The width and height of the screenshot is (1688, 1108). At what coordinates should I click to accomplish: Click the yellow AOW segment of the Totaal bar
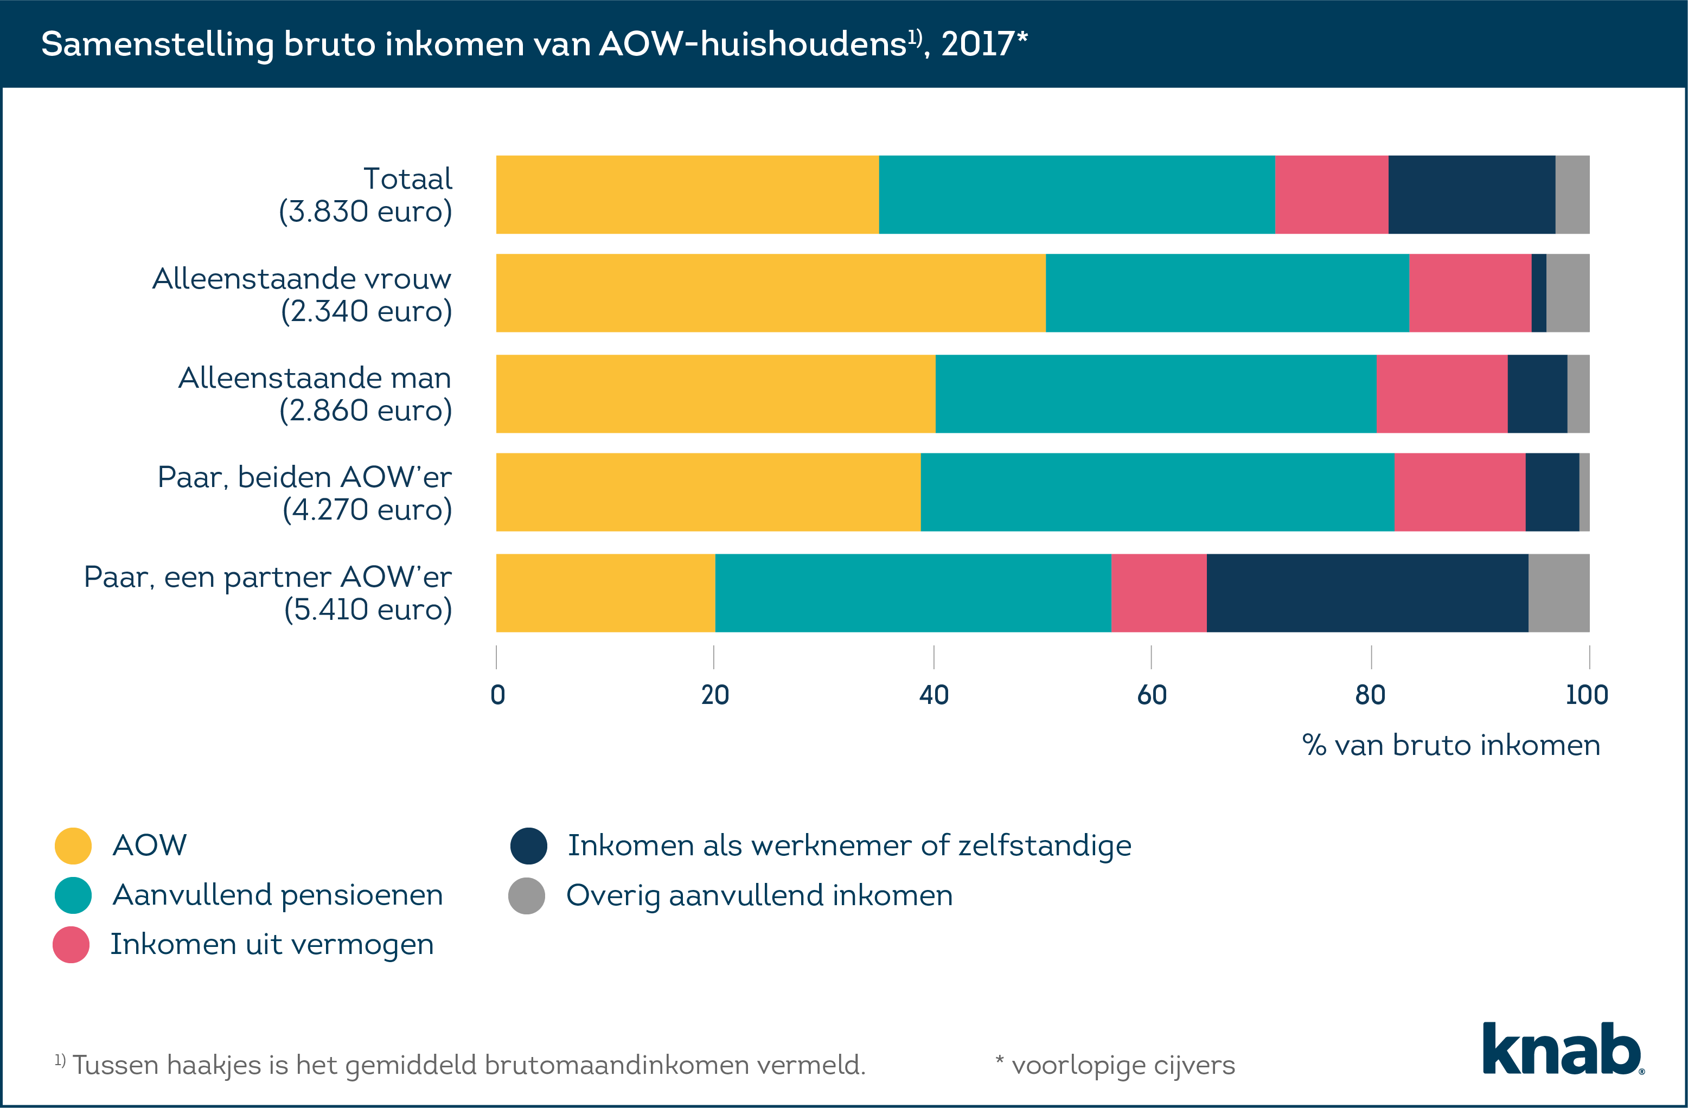tap(687, 194)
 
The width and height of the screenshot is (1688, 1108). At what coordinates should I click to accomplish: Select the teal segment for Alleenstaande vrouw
tap(1227, 293)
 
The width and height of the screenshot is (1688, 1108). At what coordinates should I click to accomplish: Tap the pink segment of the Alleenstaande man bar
tap(1441, 394)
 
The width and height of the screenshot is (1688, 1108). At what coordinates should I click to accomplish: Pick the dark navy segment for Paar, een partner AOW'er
tap(1367, 593)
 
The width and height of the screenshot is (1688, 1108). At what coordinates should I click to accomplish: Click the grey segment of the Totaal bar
tap(1572, 194)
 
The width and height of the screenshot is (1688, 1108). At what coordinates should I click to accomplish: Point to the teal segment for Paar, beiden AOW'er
tap(1157, 492)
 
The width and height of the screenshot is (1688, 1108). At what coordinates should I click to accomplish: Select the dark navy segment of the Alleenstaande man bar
tap(1537, 394)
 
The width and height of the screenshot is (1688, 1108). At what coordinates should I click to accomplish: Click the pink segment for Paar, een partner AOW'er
tap(1158, 593)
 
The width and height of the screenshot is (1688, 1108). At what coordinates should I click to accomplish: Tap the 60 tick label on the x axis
tap(1152, 695)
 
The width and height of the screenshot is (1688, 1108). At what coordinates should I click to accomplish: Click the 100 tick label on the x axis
tap(1587, 695)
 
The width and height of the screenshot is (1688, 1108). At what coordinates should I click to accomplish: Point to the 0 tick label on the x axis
tap(497, 695)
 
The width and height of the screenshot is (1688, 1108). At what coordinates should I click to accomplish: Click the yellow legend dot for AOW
tap(73, 846)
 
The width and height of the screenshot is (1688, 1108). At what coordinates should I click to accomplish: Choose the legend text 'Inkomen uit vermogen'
tap(272, 945)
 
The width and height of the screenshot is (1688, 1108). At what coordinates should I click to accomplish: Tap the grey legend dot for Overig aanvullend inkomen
tap(526, 895)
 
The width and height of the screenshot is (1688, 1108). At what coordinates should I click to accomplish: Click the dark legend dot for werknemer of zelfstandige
tap(528, 846)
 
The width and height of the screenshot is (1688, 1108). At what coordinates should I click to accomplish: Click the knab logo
tap(1563, 1048)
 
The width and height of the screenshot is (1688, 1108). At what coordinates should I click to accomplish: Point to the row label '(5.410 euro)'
tap(367, 610)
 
